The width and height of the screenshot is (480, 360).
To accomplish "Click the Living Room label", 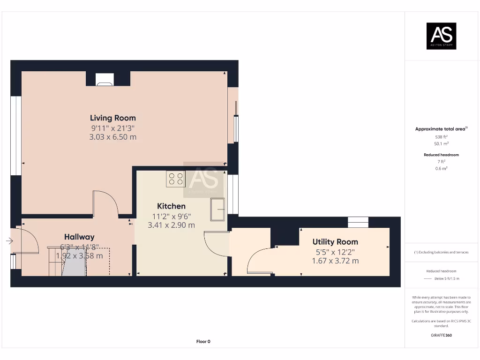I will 113,118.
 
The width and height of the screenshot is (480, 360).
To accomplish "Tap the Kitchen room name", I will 171,206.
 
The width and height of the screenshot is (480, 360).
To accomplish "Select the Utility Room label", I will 335,242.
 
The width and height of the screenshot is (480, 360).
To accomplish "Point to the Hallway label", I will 79,237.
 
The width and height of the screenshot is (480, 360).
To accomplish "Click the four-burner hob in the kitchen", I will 176,179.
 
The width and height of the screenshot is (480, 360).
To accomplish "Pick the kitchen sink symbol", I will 218,209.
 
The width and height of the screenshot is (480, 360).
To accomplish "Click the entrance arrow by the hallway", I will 9,241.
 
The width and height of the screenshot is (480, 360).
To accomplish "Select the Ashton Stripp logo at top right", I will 441,36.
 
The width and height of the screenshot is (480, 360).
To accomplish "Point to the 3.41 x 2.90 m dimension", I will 171,225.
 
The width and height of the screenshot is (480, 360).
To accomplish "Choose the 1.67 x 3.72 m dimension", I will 335,261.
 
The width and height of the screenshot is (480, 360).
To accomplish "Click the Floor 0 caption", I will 203,342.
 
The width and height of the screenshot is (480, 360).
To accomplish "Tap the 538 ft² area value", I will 441,137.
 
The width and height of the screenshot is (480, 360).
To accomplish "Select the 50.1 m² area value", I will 441,144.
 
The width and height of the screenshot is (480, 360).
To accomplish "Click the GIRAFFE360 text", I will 441,335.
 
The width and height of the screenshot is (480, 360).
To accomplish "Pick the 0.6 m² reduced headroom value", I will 441,168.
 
